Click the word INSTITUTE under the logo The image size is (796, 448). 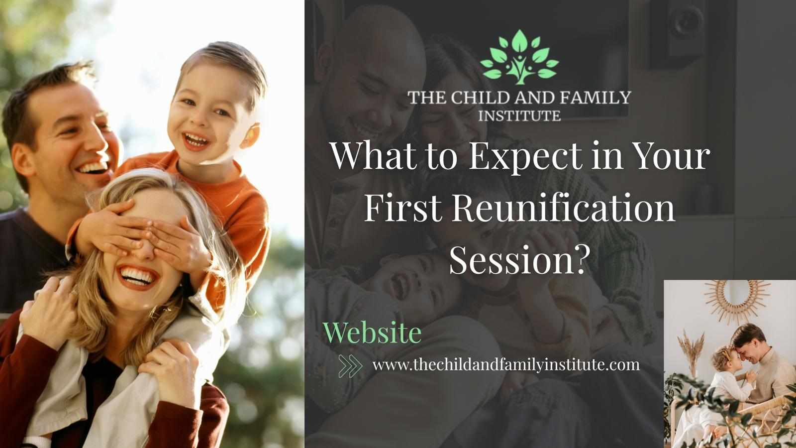pos(519,116)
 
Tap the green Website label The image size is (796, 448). pos(372,333)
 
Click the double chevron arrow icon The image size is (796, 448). pos(350,365)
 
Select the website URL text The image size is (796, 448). pos(506,365)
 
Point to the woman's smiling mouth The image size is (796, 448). pos(137,277)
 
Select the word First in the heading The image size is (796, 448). pos(403,209)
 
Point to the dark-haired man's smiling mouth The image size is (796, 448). pos(93,167)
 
